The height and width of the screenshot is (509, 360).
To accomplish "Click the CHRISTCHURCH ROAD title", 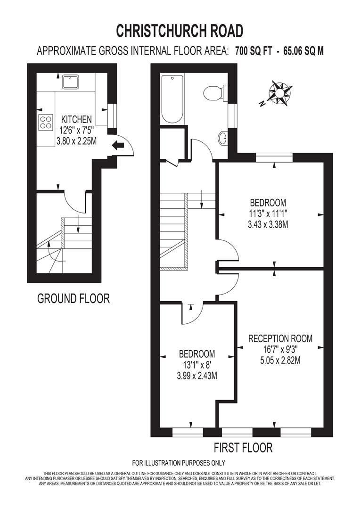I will (x=180, y=31).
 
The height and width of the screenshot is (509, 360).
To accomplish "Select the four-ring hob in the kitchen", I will (x=46, y=123).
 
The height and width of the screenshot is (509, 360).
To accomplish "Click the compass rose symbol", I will (x=280, y=92).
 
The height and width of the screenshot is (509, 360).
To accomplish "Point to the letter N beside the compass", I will (x=262, y=104).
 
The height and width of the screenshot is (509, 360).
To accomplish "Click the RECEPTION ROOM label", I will (x=280, y=338).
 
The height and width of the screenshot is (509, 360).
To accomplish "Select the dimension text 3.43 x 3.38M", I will (x=268, y=225).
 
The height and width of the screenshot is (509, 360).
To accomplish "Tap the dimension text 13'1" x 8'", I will (x=197, y=365).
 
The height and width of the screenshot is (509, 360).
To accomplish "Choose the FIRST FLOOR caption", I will (x=243, y=447).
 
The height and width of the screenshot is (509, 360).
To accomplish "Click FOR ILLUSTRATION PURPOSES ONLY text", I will (x=179, y=463).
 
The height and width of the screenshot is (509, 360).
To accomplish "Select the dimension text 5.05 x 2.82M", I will (x=280, y=361).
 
